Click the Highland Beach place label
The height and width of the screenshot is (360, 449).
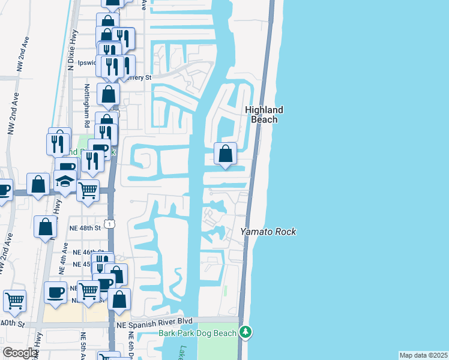(x=264, y=115)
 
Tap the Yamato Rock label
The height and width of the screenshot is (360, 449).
(x=268, y=232)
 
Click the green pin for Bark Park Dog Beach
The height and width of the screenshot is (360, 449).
(x=246, y=332)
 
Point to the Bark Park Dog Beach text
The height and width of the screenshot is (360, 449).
(x=197, y=333)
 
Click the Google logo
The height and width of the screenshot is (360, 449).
(x=20, y=353)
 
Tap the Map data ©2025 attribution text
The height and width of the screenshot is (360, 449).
(x=424, y=355)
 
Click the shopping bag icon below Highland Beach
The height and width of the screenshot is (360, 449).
(x=225, y=153)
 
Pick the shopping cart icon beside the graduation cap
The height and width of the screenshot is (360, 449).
(x=88, y=190)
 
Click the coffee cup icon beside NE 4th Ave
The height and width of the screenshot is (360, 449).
(x=56, y=292)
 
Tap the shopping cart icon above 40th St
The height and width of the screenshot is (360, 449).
(x=14, y=299)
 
